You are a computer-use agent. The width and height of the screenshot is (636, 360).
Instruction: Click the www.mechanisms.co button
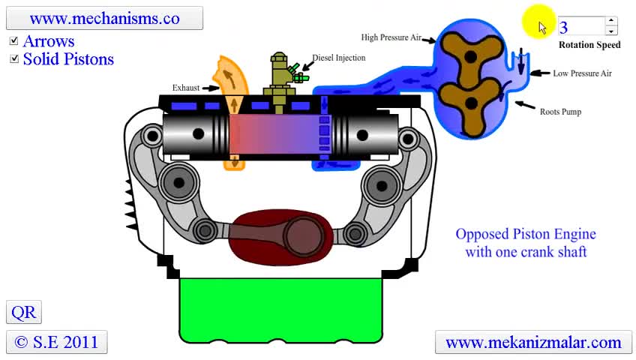coord(104,18)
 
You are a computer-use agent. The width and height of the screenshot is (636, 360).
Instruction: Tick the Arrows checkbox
coord(14,41)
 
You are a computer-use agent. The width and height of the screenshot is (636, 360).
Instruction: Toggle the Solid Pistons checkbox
coord(14,59)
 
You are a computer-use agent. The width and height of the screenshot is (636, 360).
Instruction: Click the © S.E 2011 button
coord(56,342)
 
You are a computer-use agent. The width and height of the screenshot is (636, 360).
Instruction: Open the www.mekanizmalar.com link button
coord(533,342)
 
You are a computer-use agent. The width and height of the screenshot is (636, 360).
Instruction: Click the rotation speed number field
coord(580,27)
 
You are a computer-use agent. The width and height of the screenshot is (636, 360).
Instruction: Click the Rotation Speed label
coord(589,45)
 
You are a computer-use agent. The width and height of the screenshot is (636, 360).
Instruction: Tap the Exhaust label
coord(186,88)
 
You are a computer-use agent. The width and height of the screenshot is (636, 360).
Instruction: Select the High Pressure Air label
coord(391,37)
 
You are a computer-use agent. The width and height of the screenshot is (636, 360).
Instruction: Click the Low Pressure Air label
coord(582,73)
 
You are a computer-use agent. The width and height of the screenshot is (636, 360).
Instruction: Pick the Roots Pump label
coord(560,112)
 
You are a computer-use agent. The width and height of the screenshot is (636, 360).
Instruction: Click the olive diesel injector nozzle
coord(278,79)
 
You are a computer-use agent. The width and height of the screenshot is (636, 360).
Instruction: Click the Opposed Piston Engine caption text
coord(526,243)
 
